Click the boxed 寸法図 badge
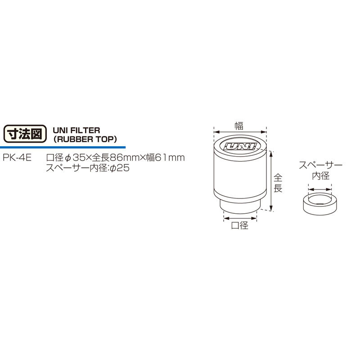point(24,134)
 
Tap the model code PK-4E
point(16,158)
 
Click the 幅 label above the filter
point(239,126)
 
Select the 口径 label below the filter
point(239,226)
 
